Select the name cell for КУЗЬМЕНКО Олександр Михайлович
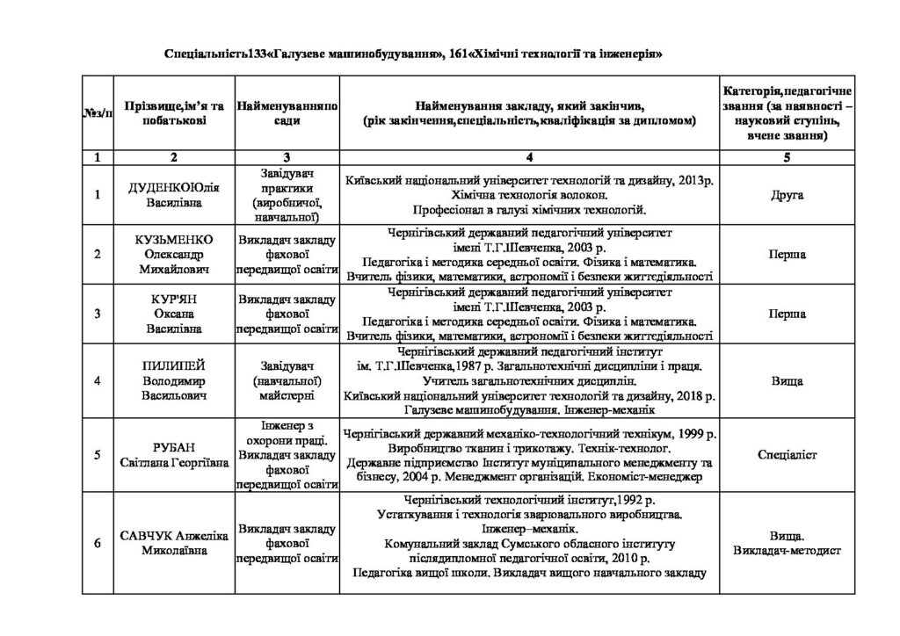point(174,254)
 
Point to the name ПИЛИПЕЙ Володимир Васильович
point(174,380)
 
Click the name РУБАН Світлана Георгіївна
point(174,455)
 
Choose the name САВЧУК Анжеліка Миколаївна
point(174,543)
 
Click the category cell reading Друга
point(786,194)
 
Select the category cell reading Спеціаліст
point(786,455)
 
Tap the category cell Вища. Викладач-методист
point(786,543)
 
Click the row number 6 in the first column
point(98,543)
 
